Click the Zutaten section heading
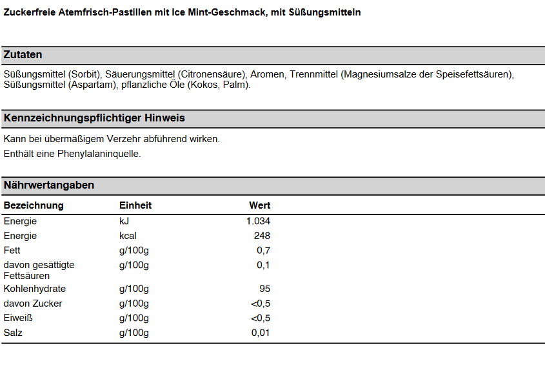click(x=23, y=55)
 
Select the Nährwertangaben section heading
click(x=49, y=185)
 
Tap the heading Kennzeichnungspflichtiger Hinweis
click(x=94, y=118)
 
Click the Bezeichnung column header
click(x=34, y=205)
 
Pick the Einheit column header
click(x=135, y=205)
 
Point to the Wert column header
click(x=260, y=205)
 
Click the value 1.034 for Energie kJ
click(x=258, y=221)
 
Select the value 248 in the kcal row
click(x=262, y=236)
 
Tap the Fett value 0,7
click(x=263, y=251)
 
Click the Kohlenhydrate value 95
click(x=265, y=289)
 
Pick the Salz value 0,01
click(x=261, y=333)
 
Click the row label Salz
click(x=13, y=333)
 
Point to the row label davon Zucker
click(x=33, y=304)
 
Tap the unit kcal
click(x=128, y=236)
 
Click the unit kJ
click(x=124, y=221)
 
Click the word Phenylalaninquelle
click(x=99, y=154)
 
